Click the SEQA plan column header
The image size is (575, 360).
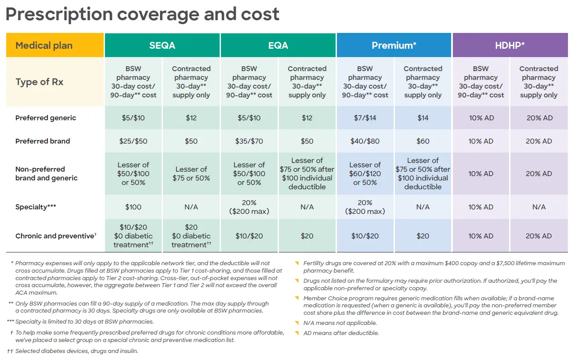click(162, 45)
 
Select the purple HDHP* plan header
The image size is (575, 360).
click(510, 45)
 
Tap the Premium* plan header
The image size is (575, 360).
click(394, 45)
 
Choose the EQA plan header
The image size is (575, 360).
click(278, 45)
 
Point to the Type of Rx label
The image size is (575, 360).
click(40, 82)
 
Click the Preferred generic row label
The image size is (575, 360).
click(46, 118)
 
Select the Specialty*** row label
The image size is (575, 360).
click(37, 207)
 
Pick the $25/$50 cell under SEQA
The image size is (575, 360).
click(134, 141)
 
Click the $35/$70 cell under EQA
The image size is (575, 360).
click(249, 141)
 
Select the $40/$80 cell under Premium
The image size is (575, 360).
click(365, 141)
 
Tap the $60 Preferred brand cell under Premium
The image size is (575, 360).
click(423, 141)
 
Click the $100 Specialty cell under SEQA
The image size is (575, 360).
click(134, 207)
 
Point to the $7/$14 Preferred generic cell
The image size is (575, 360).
click(365, 118)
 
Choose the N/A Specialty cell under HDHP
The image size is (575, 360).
click(539, 207)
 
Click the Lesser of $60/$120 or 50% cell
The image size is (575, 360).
click(365, 174)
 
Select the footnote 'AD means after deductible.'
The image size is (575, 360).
click(341, 333)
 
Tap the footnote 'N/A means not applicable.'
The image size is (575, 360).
click(340, 323)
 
